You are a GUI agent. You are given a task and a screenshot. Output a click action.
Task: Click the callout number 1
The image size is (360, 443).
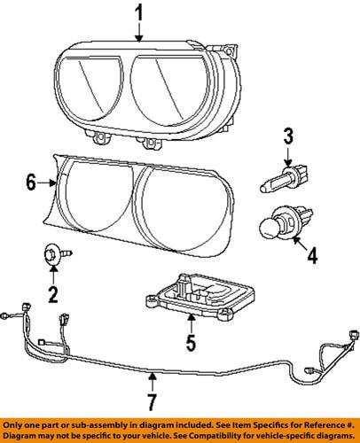coord(139,13)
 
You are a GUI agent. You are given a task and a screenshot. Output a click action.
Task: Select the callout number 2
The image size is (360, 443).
coord(52,294)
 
